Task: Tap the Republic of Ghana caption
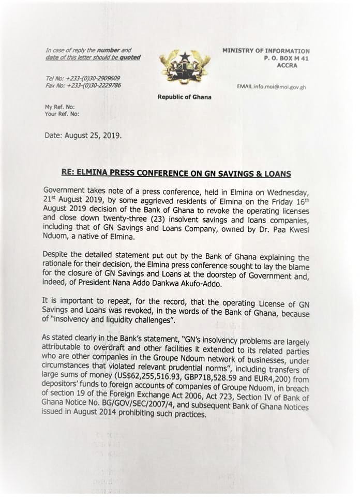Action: point(184,97)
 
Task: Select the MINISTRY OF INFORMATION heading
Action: point(266,51)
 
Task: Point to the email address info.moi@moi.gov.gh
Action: point(271,86)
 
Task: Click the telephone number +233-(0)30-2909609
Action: point(92,78)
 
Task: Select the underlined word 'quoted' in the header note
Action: point(130,57)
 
